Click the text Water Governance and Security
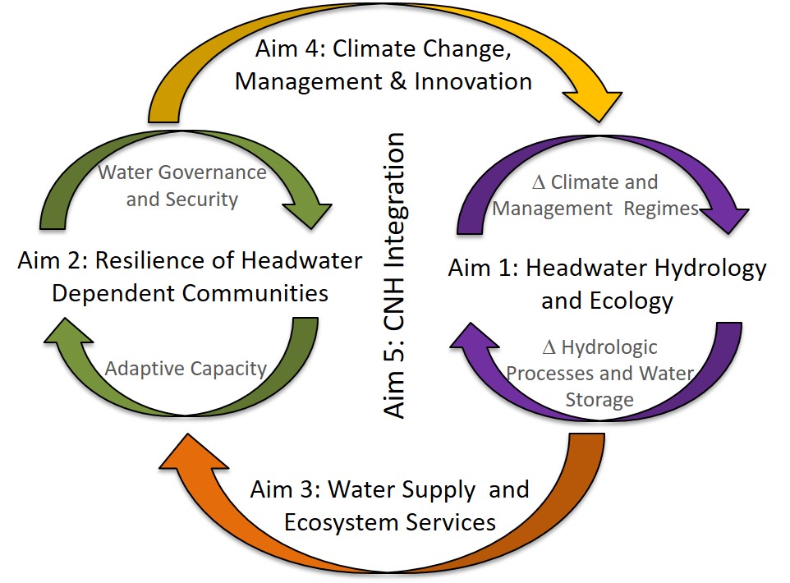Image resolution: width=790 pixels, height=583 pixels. coord(182,186)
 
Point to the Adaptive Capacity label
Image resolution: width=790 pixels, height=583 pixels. coord(186,369)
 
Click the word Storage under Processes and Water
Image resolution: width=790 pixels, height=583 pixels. coord(599,400)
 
